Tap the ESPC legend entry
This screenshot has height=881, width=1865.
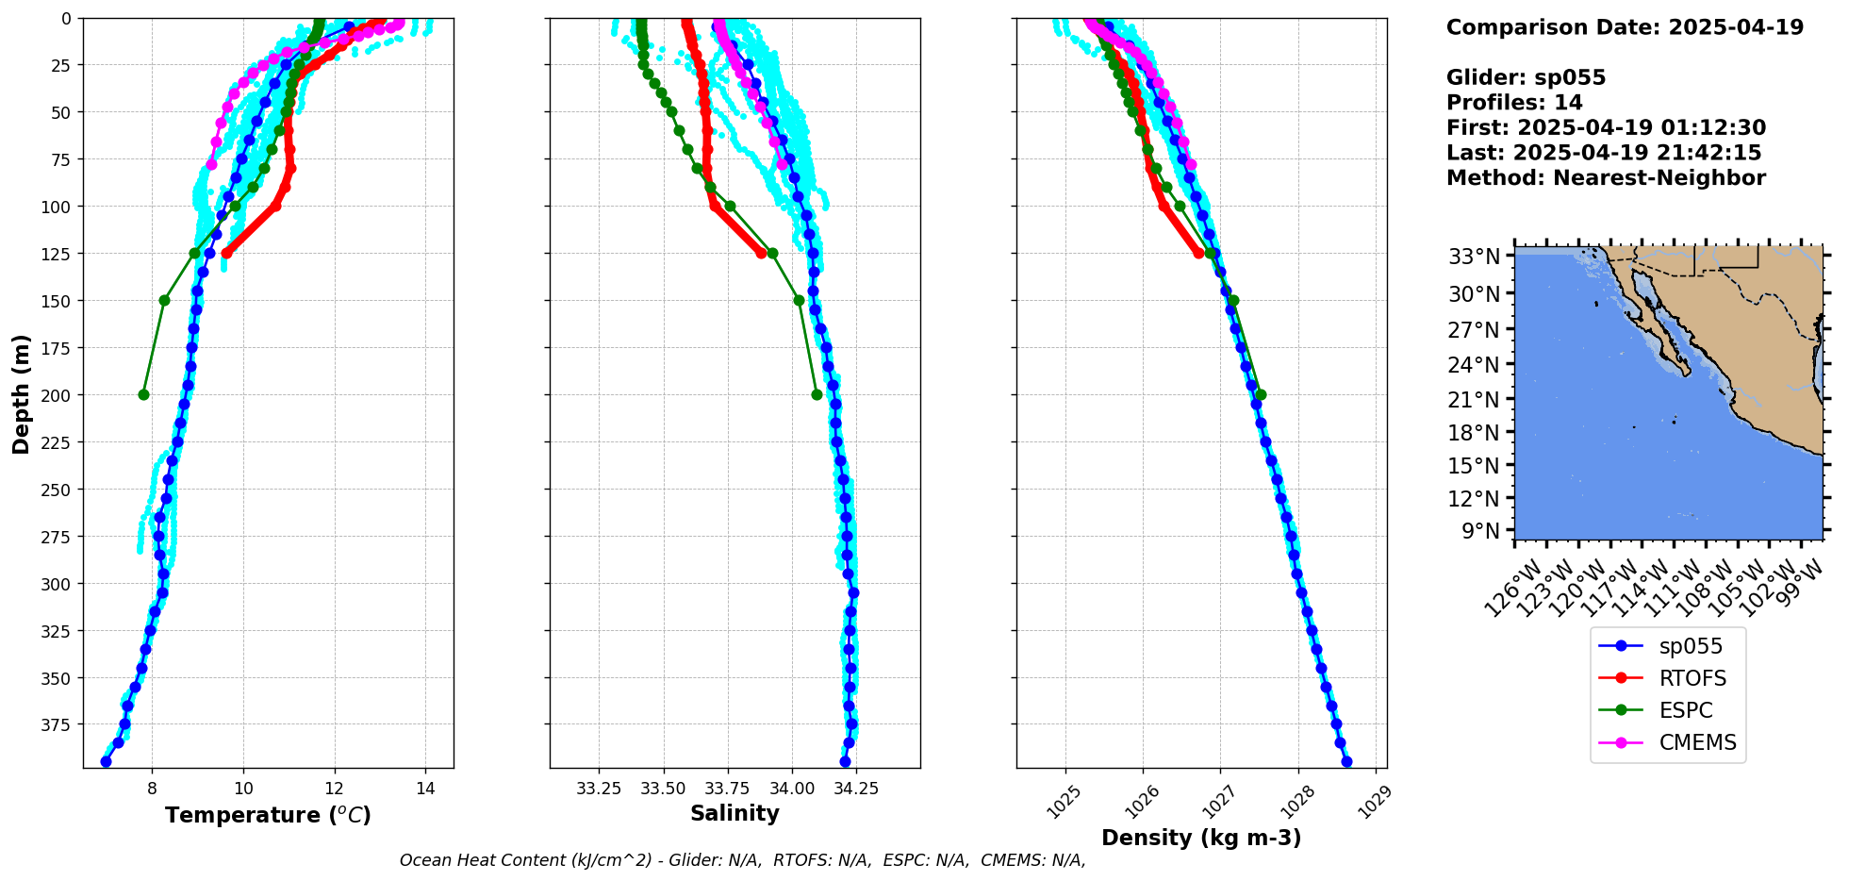[x=1686, y=710]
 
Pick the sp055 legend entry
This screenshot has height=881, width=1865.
[x=1691, y=646]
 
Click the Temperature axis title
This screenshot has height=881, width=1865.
[x=268, y=815]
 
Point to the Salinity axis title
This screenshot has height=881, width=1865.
[x=734, y=813]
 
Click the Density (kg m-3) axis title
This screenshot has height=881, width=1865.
[x=1201, y=838]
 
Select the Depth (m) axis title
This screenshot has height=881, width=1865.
[x=21, y=393]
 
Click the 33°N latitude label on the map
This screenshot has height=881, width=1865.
[x=1474, y=257]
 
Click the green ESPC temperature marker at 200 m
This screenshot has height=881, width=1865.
[x=143, y=394]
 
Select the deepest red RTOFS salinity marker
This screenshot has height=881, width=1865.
[x=761, y=253]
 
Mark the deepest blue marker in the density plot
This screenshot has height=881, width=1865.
[x=1346, y=761]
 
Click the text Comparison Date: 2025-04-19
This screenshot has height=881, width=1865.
[x=1625, y=27]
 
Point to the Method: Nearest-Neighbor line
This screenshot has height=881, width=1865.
[x=1606, y=178]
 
